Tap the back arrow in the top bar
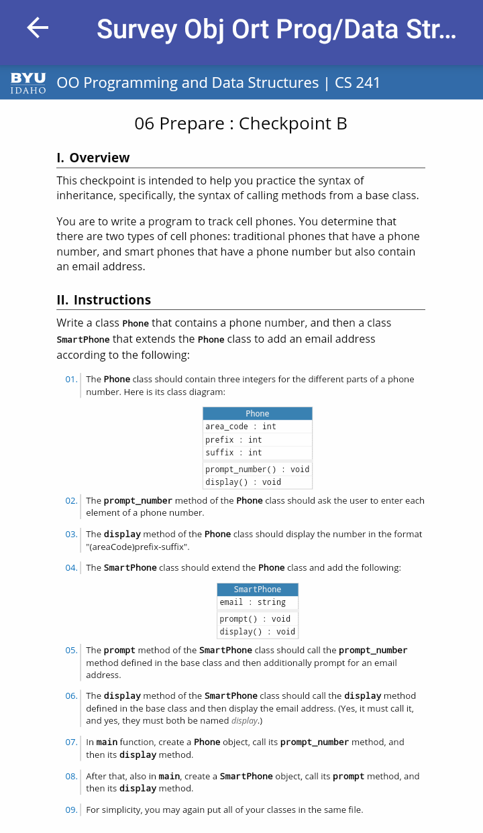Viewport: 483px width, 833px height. (38, 27)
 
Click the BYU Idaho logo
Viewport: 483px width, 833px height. (28, 83)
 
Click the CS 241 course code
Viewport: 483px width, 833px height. (358, 83)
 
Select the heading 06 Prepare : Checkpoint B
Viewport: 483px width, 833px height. (241, 123)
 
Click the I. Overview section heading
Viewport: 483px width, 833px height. (93, 158)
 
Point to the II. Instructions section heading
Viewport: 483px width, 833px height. (104, 300)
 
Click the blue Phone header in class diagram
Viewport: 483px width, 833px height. (257, 414)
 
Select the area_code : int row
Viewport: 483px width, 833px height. (241, 427)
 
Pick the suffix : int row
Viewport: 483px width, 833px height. (233, 453)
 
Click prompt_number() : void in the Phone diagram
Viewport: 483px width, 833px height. (257, 469)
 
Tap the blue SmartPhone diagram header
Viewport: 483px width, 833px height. (257, 590)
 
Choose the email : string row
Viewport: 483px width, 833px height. (252, 602)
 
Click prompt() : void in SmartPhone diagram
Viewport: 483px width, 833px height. (255, 619)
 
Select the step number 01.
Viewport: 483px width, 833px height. (71, 380)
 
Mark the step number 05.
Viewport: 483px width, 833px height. (71, 651)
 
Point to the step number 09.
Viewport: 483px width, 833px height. (71, 810)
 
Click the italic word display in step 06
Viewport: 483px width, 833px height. (244, 721)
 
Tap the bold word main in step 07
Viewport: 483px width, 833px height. (107, 742)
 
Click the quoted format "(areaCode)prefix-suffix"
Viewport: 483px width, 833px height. (138, 547)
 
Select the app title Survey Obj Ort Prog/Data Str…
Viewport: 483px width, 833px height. (276, 30)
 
